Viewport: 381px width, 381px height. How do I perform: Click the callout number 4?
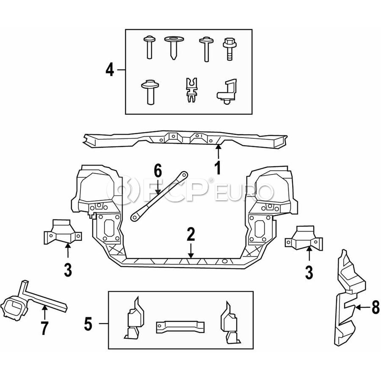click(x=110, y=70)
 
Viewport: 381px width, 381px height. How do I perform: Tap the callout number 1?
click(x=218, y=168)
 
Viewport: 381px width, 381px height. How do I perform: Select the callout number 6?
click(x=157, y=171)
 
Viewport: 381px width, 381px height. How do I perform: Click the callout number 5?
click(x=88, y=324)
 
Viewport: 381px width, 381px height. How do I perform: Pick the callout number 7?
click(x=45, y=328)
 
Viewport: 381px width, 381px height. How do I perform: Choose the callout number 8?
click(x=375, y=308)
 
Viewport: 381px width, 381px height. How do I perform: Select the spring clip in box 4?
click(x=191, y=90)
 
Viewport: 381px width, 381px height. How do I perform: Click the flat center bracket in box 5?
click(x=181, y=326)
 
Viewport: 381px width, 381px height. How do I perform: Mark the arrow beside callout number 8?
click(x=363, y=308)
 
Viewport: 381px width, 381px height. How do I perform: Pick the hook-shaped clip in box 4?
click(x=227, y=90)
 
